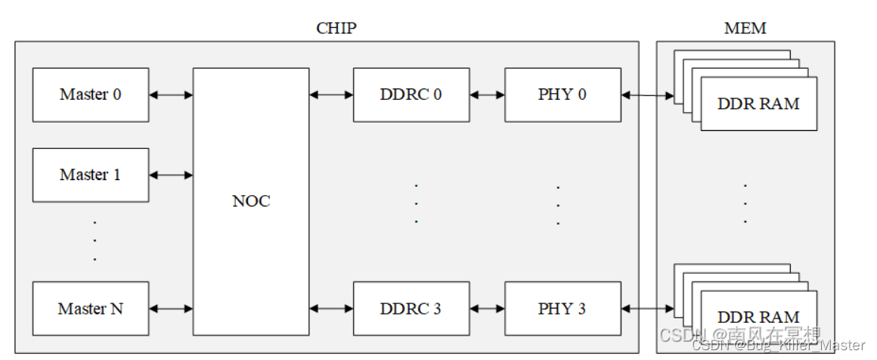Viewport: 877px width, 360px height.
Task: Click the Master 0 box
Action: coord(91,95)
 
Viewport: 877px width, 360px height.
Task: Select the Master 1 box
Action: coord(91,175)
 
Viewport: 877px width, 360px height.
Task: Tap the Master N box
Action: coord(91,309)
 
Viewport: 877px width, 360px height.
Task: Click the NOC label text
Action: coord(251,202)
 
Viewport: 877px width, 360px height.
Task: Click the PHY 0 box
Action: coord(562,95)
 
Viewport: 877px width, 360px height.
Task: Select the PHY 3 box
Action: coord(562,309)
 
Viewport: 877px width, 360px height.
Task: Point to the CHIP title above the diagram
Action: coord(336,29)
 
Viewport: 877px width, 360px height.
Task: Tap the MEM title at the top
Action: coord(745,29)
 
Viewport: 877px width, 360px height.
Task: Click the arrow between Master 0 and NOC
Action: coord(171,95)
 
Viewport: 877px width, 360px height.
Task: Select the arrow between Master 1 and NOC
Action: coord(171,175)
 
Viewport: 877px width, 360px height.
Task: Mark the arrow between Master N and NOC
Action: coord(171,309)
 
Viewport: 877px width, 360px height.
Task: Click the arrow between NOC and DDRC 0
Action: coord(331,95)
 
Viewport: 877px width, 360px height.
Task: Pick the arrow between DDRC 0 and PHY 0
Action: coord(487,95)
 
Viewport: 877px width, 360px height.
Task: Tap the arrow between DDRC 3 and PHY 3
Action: coord(487,309)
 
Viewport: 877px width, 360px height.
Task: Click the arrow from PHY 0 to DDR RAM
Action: coord(648,95)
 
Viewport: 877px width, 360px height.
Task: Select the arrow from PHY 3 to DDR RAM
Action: coord(648,309)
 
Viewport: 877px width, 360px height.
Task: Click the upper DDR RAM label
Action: coord(758,104)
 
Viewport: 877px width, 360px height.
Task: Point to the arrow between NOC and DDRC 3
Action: coord(331,309)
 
